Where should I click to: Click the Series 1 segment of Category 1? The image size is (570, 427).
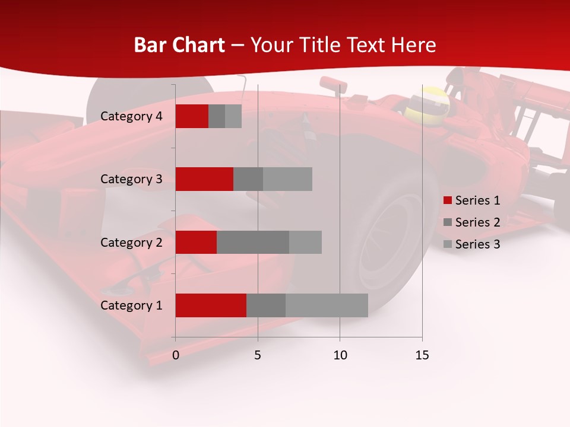(211, 305)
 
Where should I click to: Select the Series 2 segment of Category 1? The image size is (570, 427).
(266, 305)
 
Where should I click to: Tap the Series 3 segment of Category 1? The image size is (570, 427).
(327, 305)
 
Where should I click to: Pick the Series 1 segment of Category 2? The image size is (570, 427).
(196, 242)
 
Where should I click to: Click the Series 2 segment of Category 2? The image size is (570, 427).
(253, 242)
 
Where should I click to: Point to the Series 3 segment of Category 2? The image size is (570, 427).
(305, 242)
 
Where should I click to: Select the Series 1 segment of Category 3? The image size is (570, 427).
(204, 179)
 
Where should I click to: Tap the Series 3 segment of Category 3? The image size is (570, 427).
(287, 179)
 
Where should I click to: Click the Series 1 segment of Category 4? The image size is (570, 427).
(192, 116)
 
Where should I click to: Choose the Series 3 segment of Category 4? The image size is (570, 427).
(233, 116)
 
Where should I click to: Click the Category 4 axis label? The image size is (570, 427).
(131, 116)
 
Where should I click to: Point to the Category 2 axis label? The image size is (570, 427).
(131, 242)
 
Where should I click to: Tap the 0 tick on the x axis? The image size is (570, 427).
(176, 355)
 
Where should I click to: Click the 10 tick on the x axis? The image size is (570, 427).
(340, 355)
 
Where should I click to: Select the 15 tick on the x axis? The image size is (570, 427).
(422, 355)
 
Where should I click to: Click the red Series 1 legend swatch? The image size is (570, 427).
(447, 200)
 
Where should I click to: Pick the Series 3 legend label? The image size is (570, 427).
(477, 244)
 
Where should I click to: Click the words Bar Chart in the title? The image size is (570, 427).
(179, 45)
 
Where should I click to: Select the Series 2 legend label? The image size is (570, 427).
(477, 222)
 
